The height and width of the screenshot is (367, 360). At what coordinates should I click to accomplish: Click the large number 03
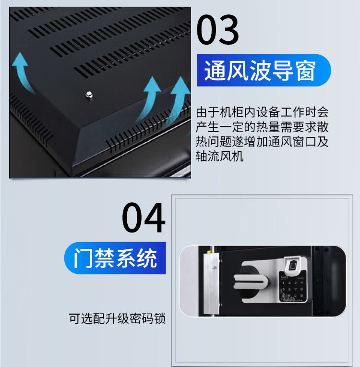[x=217, y=29]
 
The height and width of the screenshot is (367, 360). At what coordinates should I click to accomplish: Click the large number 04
[x=144, y=218]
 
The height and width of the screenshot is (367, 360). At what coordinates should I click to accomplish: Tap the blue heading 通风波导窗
[x=260, y=71]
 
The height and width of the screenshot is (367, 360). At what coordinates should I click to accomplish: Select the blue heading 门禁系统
[x=115, y=258]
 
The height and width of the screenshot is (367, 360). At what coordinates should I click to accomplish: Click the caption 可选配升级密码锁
[x=117, y=318]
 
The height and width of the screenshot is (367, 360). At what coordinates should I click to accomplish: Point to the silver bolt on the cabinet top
[x=89, y=95]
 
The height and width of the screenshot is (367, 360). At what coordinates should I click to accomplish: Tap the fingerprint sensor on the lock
[x=293, y=265]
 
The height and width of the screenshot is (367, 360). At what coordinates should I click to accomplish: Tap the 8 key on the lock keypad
[x=301, y=289]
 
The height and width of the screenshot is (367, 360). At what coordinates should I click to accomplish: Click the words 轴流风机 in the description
[x=220, y=156]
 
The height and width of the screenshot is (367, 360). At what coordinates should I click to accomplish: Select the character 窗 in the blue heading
[x=305, y=71]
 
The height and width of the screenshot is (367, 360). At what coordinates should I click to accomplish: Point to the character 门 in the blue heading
[x=83, y=258]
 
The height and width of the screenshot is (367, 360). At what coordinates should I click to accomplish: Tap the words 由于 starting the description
[x=207, y=112]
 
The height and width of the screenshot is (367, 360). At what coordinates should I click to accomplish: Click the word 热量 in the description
[x=268, y=127]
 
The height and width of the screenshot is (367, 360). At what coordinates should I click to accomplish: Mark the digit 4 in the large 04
[x=155, y=218]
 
